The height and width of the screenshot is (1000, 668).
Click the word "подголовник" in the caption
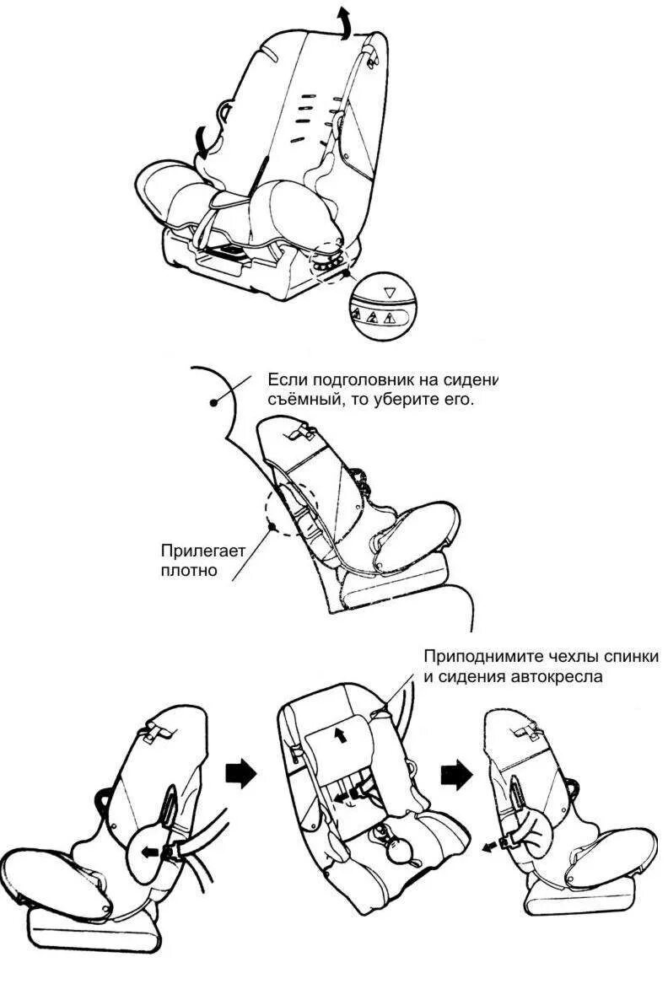coord(369,379)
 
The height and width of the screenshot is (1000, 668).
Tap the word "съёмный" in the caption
coord(301,399)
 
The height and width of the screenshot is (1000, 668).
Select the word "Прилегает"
coord(203,551)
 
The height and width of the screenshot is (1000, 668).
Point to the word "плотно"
coord(189,570)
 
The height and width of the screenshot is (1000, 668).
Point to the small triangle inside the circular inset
coord(389,293)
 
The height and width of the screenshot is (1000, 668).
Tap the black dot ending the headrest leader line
coord(214,403)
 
